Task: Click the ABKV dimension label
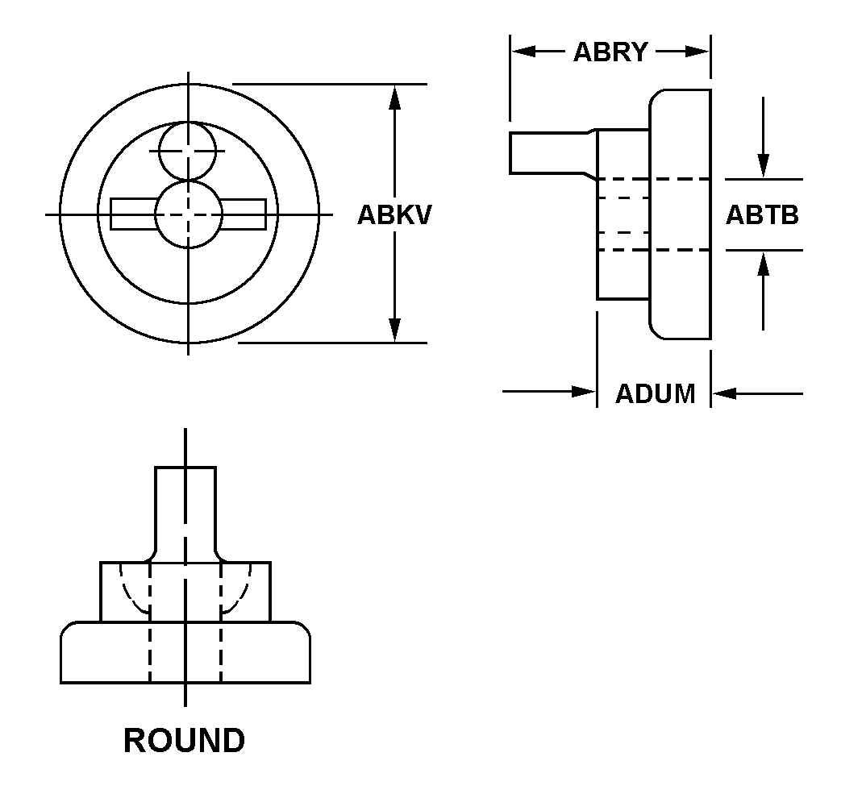(x=394, y=215)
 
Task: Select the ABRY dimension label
(x=610, y=52)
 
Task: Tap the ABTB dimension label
(x=762, y=215)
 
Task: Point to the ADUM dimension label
(x=655, y=393)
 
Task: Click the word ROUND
(x=184, y=740)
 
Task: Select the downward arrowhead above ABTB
(x=764, y=166)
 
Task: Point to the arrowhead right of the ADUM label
(x=724, y=393)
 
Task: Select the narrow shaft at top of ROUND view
(x=185, y=508)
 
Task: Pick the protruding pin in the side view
(x=548, y=152)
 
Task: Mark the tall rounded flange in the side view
(x=681, y=214)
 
